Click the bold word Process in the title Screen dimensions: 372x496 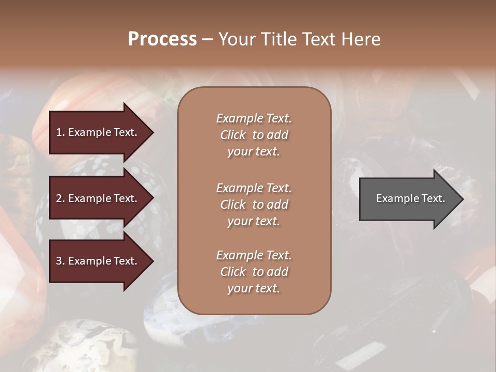point(162,39)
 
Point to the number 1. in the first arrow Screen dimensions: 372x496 point(60,132)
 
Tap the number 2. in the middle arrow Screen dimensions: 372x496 point(60,198)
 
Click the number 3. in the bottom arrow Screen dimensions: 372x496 point(60,261)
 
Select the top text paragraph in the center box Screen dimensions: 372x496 point(254,135)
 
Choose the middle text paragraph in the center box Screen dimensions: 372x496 point(254,205)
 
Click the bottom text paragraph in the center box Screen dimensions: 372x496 point(254,272)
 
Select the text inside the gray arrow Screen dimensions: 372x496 point(411,198)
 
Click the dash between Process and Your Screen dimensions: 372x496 point(207,40)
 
